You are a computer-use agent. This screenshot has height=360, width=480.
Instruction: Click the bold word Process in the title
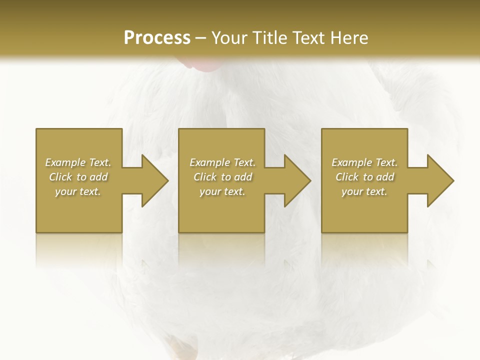157,38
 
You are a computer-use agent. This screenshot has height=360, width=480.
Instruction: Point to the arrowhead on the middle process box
297,180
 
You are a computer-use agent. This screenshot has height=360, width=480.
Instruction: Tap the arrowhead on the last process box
440,180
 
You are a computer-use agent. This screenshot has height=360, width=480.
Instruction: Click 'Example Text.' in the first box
78,162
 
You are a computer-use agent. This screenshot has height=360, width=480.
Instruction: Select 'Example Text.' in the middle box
222,162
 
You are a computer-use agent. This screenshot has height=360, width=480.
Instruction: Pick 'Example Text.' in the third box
364,162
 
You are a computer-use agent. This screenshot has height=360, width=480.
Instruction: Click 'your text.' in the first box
78,191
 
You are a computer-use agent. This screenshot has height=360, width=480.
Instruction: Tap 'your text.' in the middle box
222,191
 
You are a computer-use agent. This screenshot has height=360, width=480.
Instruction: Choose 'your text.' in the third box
364,191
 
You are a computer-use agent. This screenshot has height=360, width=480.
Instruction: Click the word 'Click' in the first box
61,177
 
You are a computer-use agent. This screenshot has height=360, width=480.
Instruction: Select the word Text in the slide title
307,38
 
